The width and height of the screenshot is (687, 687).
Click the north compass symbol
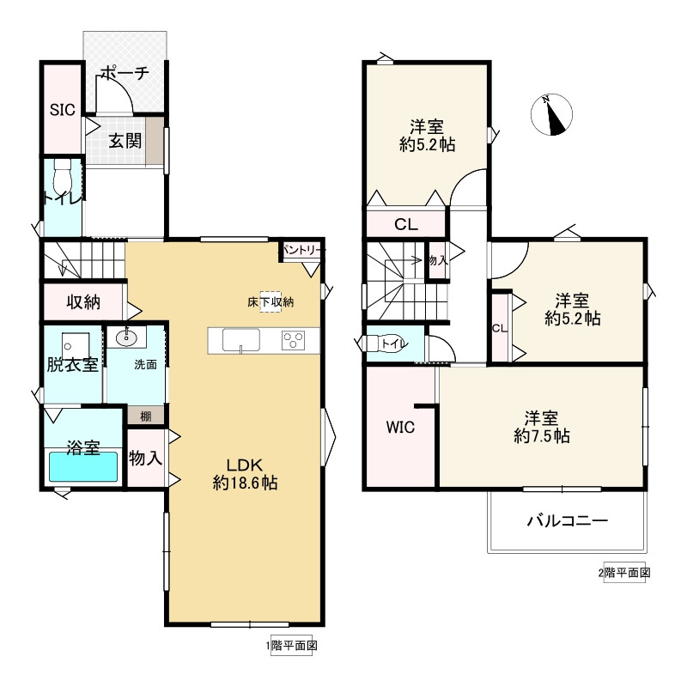tap(551, 115)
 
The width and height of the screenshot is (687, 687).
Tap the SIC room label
tap(62, 110)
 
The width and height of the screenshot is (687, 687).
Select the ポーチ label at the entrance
tap(125, 73)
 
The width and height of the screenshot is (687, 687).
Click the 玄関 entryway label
tap(125, 141)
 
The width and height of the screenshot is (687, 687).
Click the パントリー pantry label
tap(303, 250)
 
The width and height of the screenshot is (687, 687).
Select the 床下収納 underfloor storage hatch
tap(271, 302)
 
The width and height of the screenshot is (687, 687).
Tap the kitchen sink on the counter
tap(241, 340)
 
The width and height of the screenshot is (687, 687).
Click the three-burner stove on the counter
tap(293, 340)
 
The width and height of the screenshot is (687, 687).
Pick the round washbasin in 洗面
tap(126, 337)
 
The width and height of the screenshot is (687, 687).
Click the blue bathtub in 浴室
tap(83, 467)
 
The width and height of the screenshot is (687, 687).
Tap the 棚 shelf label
tap(146, 416)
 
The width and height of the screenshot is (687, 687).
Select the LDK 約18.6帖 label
tap(245, 474)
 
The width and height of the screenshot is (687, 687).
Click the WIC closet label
tap(400, 427)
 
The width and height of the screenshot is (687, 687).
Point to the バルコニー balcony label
tap(568, 520)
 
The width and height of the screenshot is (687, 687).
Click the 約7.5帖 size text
tap(542, 436)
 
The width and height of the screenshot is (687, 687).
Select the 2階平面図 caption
tap(624, 572)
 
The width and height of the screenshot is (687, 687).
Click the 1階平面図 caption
tap(291, 646)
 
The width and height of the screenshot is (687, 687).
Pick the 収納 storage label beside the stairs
tap(83, 302)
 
